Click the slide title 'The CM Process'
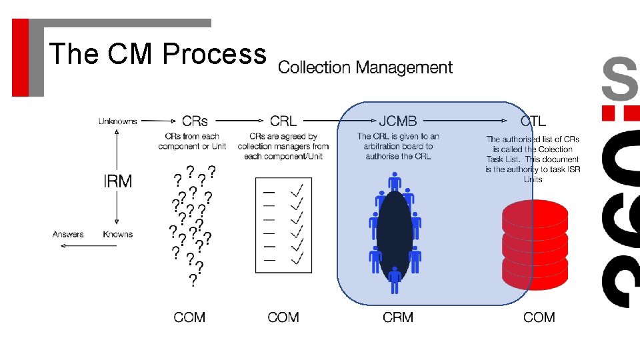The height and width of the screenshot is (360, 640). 157,54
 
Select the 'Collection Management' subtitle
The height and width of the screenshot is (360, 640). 365,67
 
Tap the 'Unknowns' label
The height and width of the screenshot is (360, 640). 117,121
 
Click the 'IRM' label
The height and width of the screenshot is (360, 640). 117,181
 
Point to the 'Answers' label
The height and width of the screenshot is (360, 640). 68,235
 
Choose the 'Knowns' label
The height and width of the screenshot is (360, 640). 118,235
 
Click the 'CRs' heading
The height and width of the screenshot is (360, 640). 195,121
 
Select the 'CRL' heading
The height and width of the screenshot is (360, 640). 283,121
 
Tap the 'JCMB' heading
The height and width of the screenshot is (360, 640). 398,121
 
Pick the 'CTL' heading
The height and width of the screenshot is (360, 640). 533,121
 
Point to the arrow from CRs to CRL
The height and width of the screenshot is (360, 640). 239,121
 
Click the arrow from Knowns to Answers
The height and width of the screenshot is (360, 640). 93,235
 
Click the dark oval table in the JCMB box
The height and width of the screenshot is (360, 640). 395,236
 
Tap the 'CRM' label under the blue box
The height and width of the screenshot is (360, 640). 398,317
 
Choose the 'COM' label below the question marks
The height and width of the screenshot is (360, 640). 189,317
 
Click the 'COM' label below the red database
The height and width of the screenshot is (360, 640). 539,317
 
